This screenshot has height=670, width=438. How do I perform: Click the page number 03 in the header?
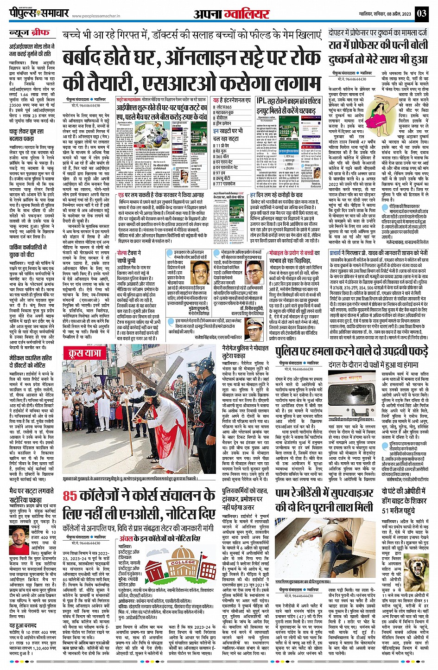click(x=421, y=13)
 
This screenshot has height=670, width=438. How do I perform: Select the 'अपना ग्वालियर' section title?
click(x=231, y=14)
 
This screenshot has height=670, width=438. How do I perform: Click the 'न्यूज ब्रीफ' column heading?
click(x=30, y=33)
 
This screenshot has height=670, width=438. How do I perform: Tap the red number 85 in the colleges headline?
click(x=70, y=496)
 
